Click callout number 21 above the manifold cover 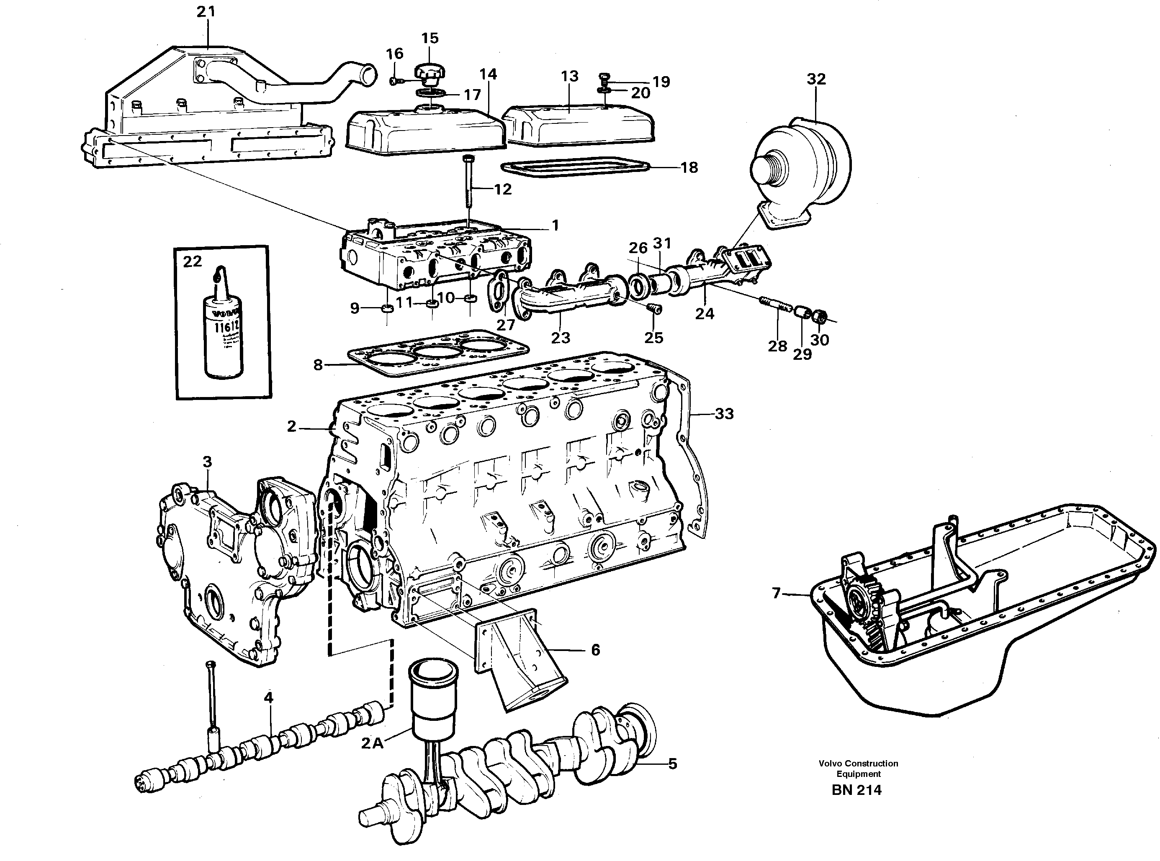pyautogui.click(x=206, y=11)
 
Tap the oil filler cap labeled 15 pyautogui.click(x=429, y=74)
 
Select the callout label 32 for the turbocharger pyautogui.click(x=816, y=79)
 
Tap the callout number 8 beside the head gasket pyautogui.click(x=318, y=365)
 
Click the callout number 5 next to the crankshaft pyautogui.click(x=673, y=764)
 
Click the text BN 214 pyautogui.click(x=856, y=790)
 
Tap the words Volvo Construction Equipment pyautogui.click(x=858, y=768)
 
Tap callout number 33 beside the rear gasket pyautogui.click(x=724, y=414)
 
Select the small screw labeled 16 pyautogui.click(x=395, y=81)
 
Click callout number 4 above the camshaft pyautogui.click(x=268, y=697)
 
